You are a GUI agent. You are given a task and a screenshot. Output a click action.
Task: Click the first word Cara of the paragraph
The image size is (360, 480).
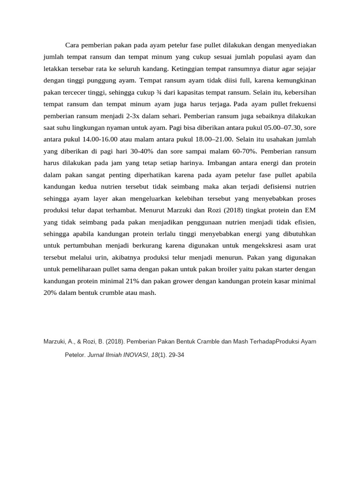tap(73, 45)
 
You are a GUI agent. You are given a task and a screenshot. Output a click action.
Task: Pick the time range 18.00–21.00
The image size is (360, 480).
tap(214, 139)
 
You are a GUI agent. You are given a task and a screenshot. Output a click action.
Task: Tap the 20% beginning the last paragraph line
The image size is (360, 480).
tap(50, 293)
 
